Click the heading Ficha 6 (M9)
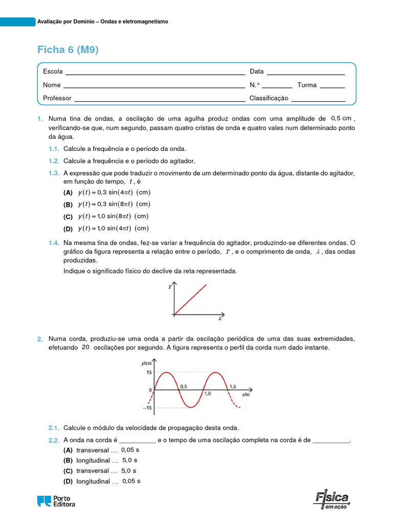tap(68, 50)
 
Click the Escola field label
tap(53, 72)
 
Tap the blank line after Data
tap(305, 73)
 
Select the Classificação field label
tap(269, 98)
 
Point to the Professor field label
tap(57, 98)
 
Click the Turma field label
tap(307, 85)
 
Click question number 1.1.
tap(54, 149)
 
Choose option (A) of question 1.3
tap(68, 193)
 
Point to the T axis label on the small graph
tap(170, 288)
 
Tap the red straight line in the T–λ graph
tap(190, 299)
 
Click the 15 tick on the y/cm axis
tap(149, 373)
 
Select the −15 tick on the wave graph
tap(147, 408)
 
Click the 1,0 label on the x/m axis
tap(207, 394)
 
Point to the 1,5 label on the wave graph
tap(233, 387)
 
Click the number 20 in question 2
tap(85, 347)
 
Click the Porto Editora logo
tap(56, 501)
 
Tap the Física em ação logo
tap(332, 500)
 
